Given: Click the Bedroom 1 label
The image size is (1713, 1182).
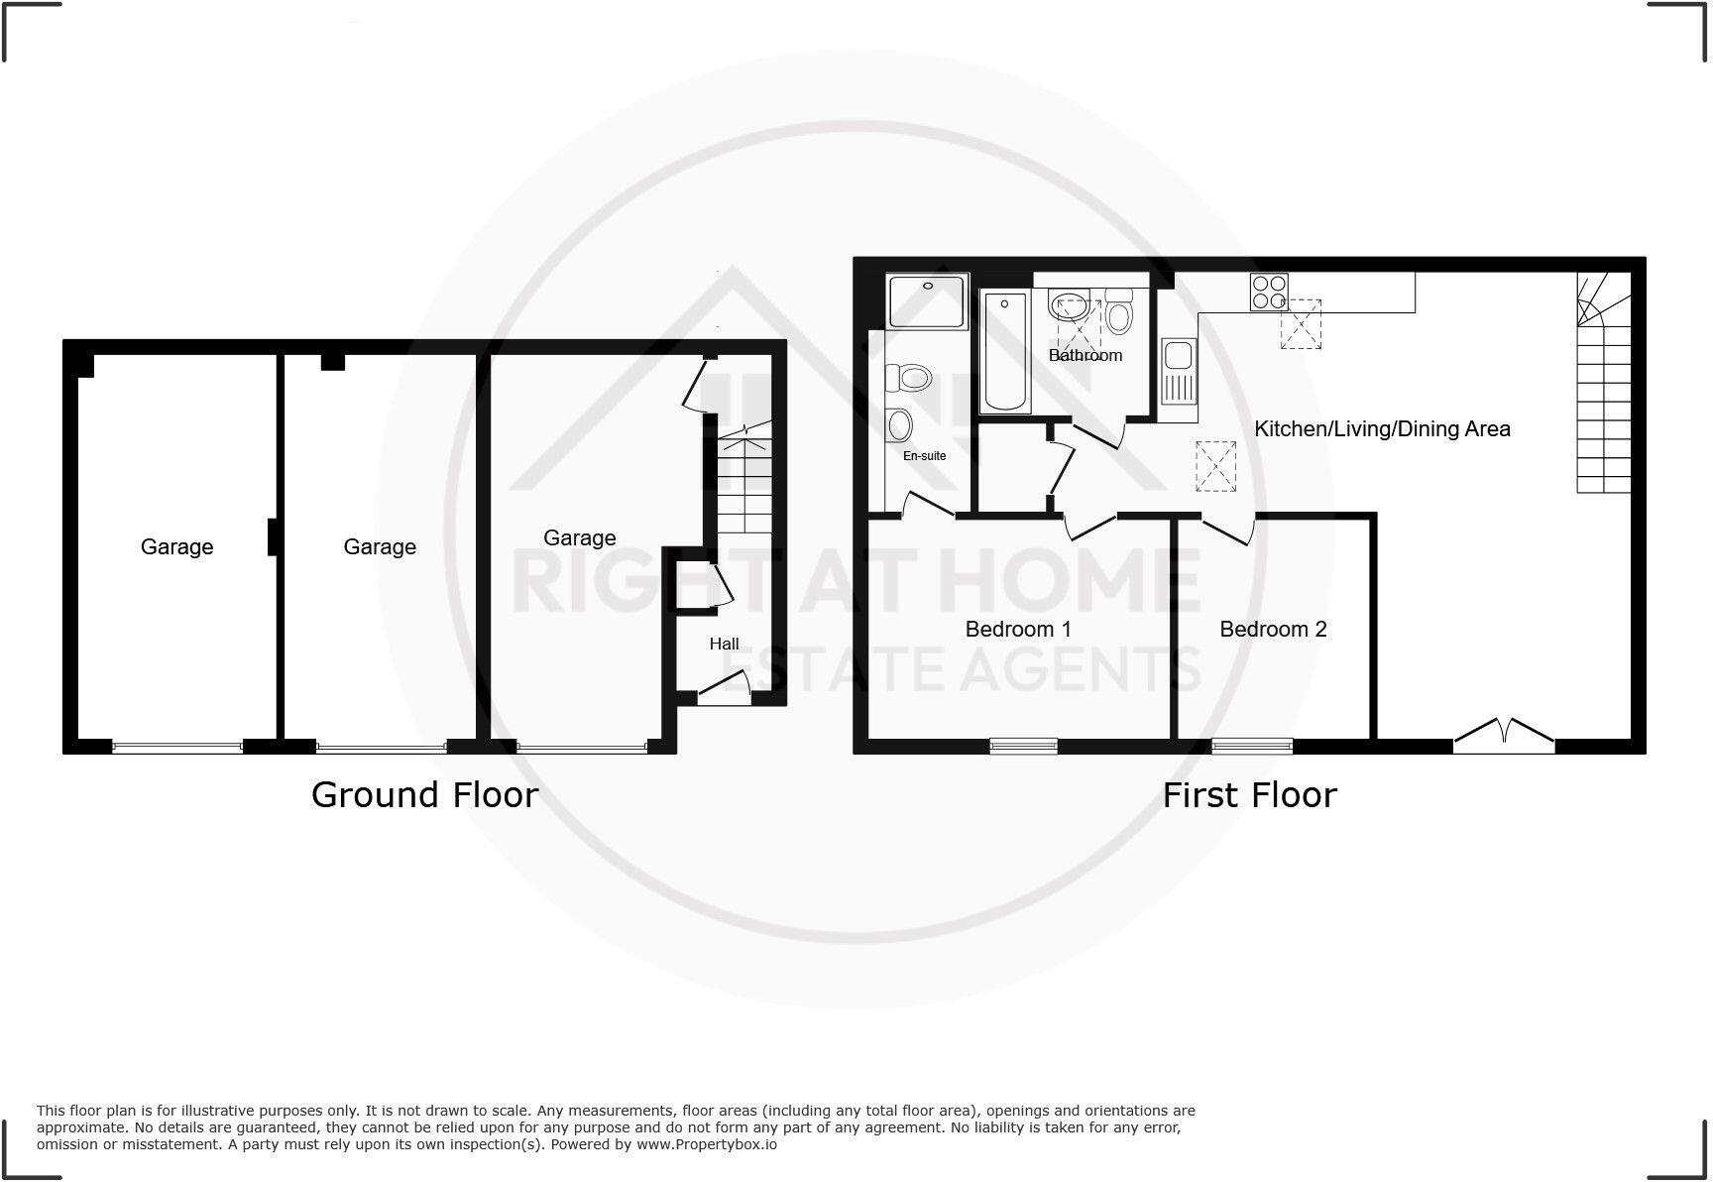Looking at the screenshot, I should click(x=1018, y=629).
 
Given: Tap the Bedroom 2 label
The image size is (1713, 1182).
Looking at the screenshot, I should click(x=1273, y=629).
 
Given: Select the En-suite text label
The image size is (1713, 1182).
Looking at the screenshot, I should click(x=924, y=456).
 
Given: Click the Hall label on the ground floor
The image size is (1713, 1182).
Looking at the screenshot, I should click(x=724, y=644).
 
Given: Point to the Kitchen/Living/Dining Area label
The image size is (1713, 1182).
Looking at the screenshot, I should click(x=1382, y=428).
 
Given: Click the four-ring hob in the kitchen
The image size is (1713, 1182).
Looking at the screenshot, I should click(x=1269, y=292).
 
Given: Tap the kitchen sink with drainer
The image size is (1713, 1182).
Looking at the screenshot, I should click(x=1179, y=372).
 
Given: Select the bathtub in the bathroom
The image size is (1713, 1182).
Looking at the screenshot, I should click(x=1004, y=352).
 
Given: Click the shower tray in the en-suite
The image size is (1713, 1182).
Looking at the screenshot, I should click(x=927, y=301).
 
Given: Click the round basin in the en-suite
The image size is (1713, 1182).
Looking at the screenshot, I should click(x=900, y=425).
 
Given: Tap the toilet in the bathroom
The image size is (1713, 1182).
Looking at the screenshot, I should click(x=1119, y=312).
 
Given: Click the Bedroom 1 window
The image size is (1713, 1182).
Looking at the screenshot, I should click(x=1023, y=745).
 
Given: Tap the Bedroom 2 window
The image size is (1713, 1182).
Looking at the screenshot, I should click(x=1252, y=745).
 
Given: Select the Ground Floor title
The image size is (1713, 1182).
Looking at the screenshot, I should click(x=424, y=794).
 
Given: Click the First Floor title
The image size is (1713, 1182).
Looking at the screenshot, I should click(x=1249, y=794).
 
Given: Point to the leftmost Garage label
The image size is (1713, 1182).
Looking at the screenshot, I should click(x=176, y=546).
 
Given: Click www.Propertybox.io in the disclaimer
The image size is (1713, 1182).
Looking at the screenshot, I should click(x=706, y=1144).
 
